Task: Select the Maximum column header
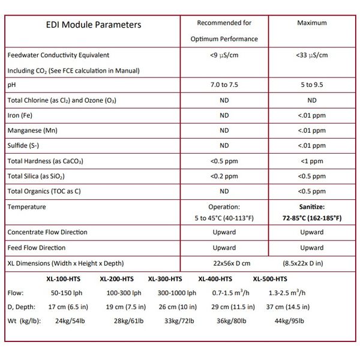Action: click(312, 23)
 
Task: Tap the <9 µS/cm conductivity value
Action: click(224, 55)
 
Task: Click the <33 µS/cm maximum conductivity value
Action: click(312, 55)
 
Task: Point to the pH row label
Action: click(11, 85)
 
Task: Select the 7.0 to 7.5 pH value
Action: click(224, 85)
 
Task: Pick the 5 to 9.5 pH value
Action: click(312, 85)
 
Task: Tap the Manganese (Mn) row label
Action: click(31, 130)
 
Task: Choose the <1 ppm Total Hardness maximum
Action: click(312, 161)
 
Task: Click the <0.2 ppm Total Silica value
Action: click(224, 176)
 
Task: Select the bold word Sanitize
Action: click(312, 207)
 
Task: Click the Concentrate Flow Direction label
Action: click(47, 232)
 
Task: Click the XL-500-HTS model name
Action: click(270, 279)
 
